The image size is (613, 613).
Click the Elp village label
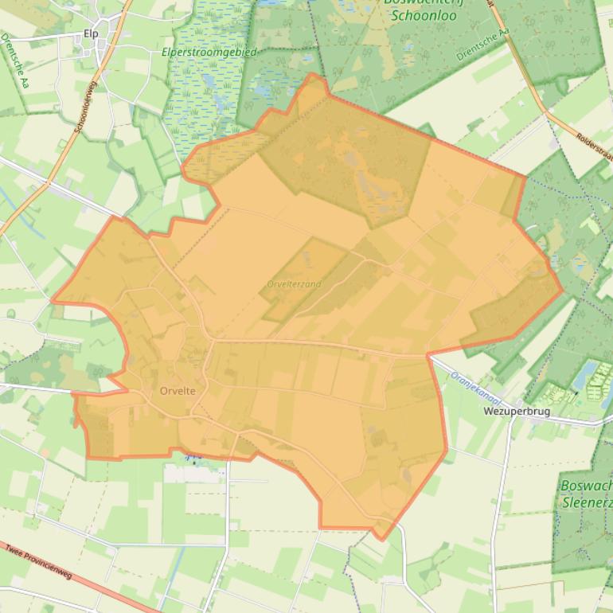coord(90,34)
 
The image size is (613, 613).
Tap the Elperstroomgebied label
coord(209,52)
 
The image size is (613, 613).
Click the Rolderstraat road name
coord(593,143)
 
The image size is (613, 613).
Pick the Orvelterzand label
coord(295,284)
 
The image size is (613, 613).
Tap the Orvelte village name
coord(177,391)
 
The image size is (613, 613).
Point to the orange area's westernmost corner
coord(53,301)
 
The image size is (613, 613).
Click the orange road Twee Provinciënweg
coord(96,581)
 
